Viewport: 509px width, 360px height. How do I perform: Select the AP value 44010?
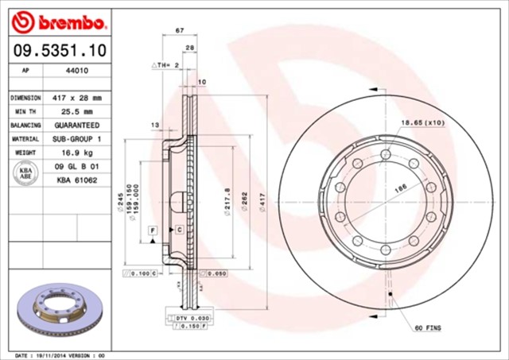point(77,71)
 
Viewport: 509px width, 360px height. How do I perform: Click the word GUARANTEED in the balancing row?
point(77,126)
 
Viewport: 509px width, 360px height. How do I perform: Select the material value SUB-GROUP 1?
point(77,140)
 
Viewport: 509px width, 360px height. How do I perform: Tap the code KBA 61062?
point(77,181)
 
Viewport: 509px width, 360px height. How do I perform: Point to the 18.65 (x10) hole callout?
point(422,124)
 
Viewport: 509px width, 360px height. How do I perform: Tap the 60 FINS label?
point(428,327)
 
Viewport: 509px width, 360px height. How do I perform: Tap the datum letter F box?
point(151,229)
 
